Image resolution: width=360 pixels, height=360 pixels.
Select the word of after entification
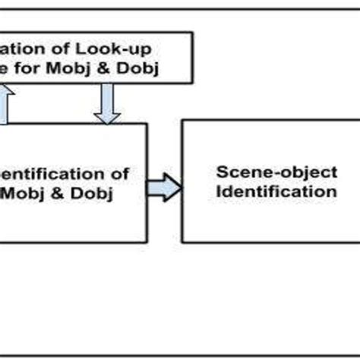[x=120, y=174]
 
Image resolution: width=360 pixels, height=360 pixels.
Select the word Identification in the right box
[x=276, y=192]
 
